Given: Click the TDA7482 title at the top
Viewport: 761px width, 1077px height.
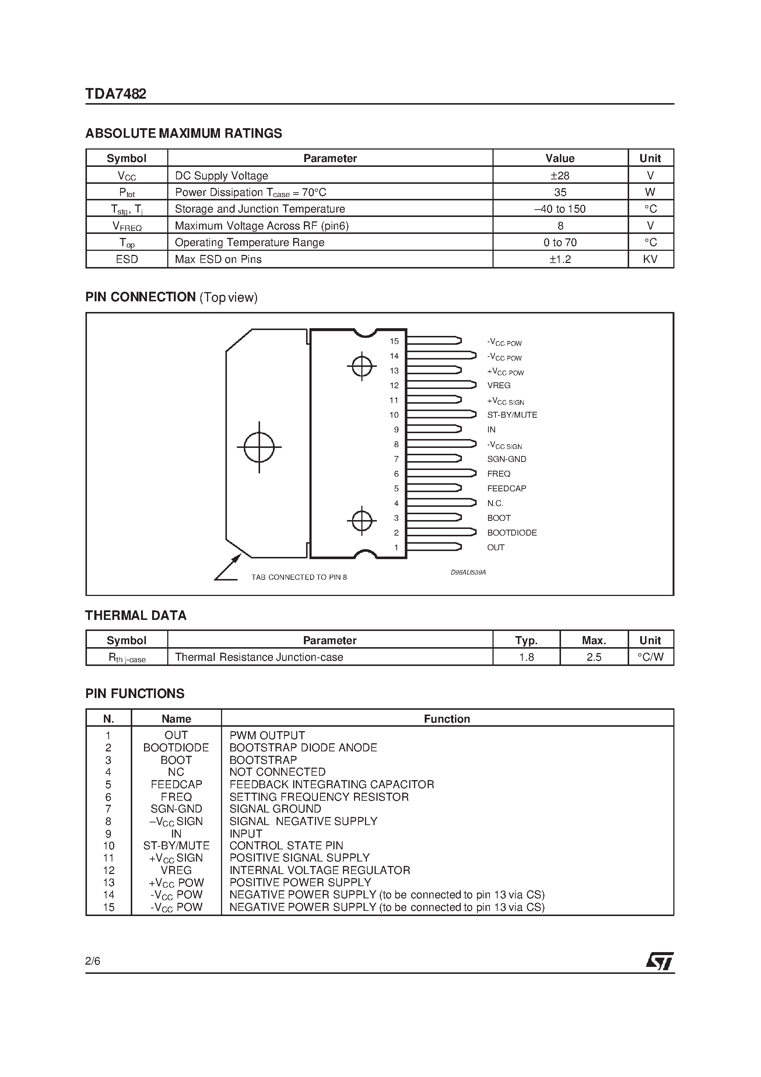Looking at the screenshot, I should [116, 94].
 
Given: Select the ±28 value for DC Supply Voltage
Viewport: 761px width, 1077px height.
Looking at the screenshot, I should [560, 175].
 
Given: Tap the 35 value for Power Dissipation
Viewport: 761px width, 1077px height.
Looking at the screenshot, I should [560, 192].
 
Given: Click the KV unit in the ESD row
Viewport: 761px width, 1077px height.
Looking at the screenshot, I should [650, 259].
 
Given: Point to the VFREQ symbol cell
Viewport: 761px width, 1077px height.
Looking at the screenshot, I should [127, 226].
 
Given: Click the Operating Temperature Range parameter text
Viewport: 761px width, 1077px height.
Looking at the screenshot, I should [250, 242].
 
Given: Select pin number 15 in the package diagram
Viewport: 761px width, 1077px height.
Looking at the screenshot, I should [394, 341].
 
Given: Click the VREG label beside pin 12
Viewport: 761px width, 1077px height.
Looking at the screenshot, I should [499, 385].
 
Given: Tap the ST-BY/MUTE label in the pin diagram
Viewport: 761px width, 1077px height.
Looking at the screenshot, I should [512, 415].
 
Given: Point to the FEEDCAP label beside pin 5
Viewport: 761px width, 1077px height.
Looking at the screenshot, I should [506, 488].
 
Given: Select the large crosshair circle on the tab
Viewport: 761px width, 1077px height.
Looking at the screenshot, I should [259, 446].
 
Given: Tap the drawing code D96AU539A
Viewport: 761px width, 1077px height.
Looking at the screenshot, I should [468, 572].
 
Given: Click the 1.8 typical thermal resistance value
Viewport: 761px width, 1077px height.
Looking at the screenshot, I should [526, 657].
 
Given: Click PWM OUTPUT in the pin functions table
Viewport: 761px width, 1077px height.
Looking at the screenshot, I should [267, 735].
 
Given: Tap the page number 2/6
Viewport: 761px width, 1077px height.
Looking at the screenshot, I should [93, 961].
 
